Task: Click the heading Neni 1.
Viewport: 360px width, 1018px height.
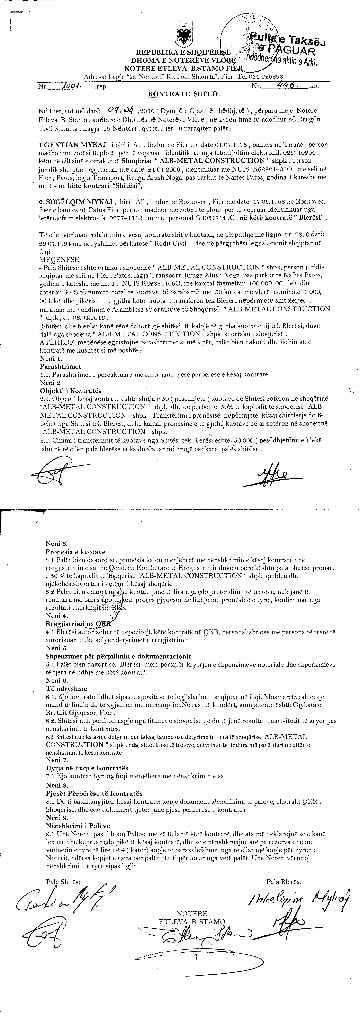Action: point(51,358)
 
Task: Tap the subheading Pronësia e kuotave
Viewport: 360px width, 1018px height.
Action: point(75,552)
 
